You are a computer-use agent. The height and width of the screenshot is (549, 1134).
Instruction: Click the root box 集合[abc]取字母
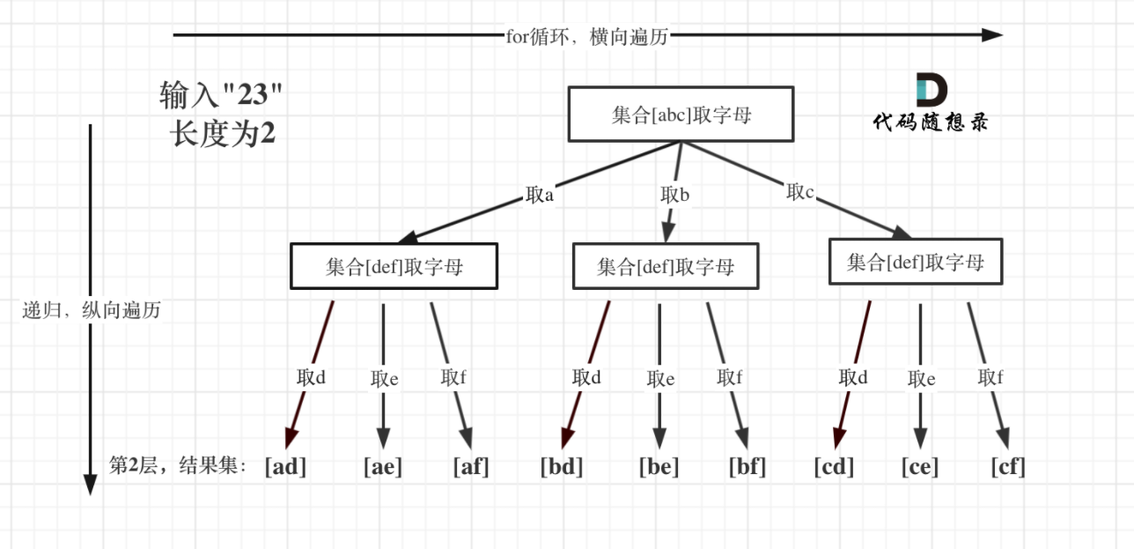tap(681, 115)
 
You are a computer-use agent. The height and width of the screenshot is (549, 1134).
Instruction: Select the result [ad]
tap(285, 466)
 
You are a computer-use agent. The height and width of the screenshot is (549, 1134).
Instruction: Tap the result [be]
tap(659, 466)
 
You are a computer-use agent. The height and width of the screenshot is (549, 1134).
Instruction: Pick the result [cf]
tap(1008, 466)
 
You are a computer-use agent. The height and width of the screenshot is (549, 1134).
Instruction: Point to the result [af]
tap(470, 466)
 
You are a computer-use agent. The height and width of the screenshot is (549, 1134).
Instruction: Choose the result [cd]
tap(834, 466)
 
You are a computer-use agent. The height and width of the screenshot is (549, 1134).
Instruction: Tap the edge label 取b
tap(674, 194)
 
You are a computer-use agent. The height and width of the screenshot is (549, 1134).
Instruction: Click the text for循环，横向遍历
tap(588, 36)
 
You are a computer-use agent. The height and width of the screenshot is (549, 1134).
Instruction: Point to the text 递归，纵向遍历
tap(92, 310)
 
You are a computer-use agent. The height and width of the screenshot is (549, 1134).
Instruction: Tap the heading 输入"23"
tap(222, 94)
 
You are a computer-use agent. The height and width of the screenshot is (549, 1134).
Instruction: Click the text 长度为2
tap(223, 134)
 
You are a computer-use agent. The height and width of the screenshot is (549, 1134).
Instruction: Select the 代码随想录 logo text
tap(931, 122)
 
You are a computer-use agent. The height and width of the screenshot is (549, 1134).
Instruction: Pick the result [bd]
tap(562, 466)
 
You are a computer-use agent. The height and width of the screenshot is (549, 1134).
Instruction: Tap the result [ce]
tap(920, 466)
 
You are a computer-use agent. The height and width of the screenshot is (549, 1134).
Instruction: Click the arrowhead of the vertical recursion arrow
tap(89, 485)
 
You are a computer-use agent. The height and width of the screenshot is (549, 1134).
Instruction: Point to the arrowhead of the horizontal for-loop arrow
tap(992, 35)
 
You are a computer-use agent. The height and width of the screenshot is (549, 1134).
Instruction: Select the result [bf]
tap(747, 466)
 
